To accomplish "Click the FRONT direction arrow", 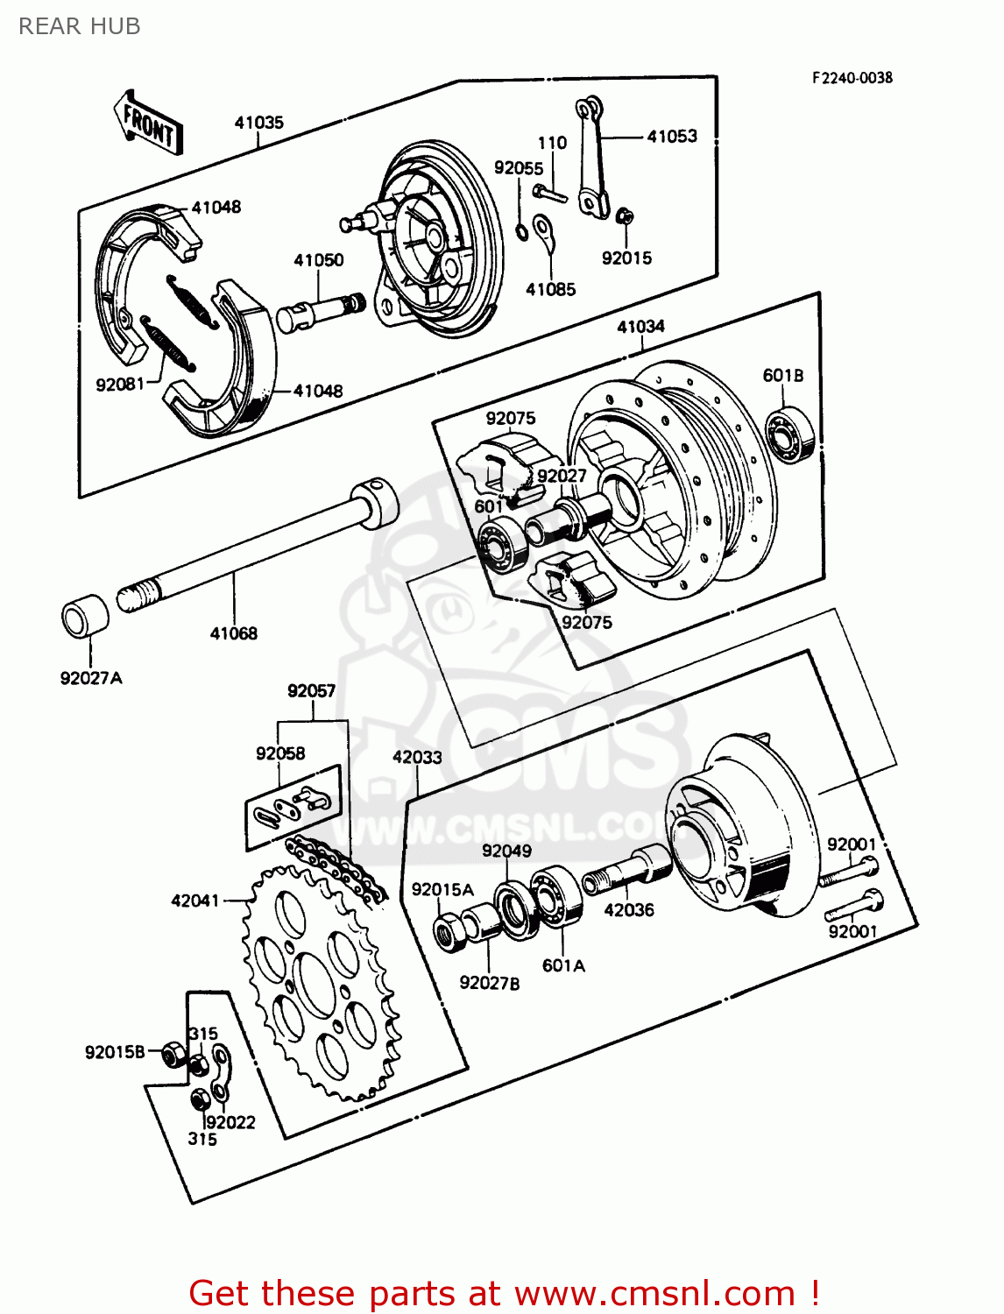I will [148, 124].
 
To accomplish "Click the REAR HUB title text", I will [79, 26].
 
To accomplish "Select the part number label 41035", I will [258, 123].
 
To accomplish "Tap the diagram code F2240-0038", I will [852, 78].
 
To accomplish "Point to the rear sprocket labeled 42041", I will [319, 981].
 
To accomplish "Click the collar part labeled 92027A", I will [85, 617].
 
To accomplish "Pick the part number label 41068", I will [233, 633].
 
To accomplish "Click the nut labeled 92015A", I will [450, 931].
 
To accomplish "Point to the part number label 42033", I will [417, 757].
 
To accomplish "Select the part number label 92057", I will [311, 691].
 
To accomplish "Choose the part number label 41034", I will [640, 327].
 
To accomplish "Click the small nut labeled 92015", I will [625, 215].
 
